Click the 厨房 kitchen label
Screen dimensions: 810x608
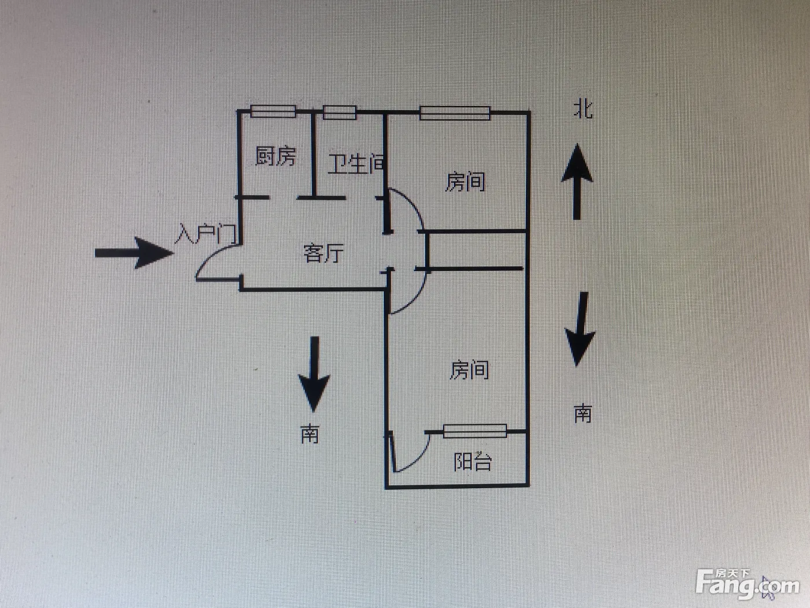tap(275, 156)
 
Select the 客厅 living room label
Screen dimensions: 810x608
tap(323, 253)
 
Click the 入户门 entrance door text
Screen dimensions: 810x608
tap(205, 234)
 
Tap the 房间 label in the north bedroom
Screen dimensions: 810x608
tap(465, 182)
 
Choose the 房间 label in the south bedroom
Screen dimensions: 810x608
tap(469, 369)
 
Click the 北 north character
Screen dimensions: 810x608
tap(583, 109)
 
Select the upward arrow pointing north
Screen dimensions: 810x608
tap(577, 182)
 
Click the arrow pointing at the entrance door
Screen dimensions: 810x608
tap(134, 253)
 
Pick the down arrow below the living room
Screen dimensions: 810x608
tap(314, 373)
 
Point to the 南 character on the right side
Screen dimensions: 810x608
tap(583, 413)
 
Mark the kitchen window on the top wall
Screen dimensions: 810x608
tap(273, 111)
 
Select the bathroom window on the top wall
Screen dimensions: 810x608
tap(340, 112)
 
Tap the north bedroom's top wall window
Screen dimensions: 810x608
tap(455, 113)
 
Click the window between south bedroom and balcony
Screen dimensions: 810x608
tap(475, 431)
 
